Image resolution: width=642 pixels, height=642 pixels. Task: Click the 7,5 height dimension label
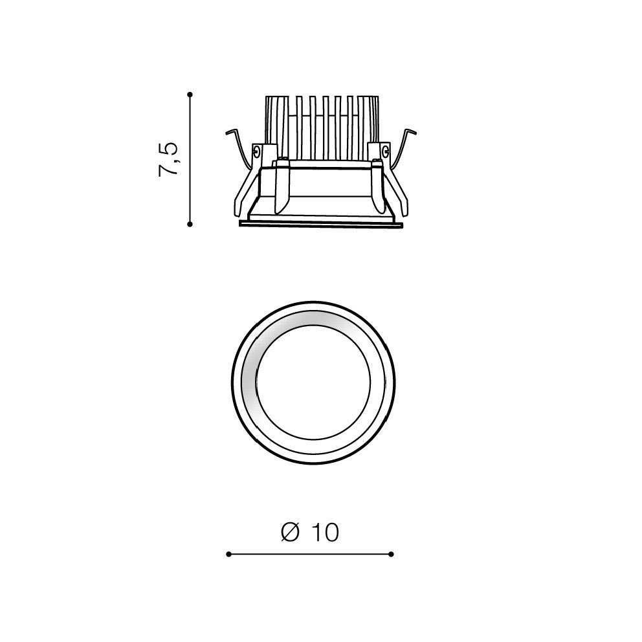point(168,160)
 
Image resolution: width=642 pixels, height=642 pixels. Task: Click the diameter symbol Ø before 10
point(291,532)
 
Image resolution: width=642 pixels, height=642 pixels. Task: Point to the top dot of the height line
point(190,94)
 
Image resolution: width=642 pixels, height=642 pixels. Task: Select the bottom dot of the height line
point(190,224)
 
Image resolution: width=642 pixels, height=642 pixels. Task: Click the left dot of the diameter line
point(228,554)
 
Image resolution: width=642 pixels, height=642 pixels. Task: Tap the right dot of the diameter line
point(391,554)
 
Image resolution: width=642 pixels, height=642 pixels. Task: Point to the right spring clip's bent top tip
point(414,132)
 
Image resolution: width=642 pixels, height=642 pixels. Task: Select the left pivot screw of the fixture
point(256,151)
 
